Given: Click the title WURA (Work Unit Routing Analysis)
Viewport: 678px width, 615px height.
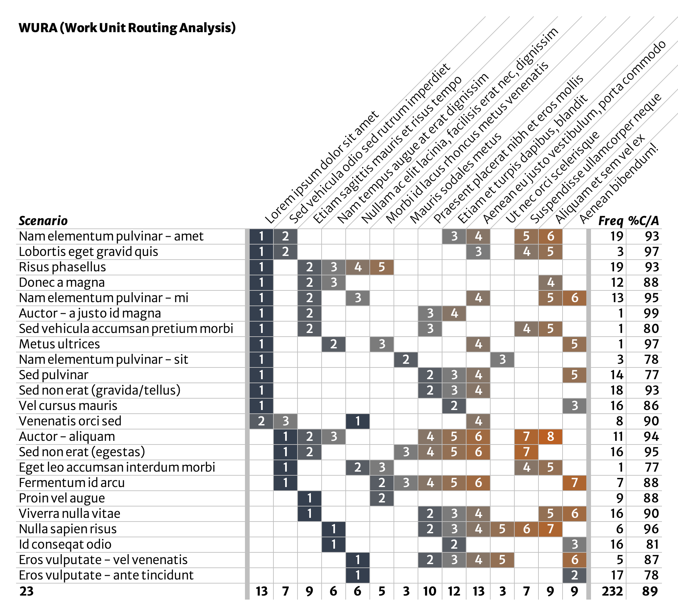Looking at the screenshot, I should click(127, 27).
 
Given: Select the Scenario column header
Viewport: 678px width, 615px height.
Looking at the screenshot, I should click(43, 221).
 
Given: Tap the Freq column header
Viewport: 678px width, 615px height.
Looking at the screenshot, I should click(611, 221).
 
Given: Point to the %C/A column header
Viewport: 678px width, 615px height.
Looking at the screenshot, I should click(643, 221).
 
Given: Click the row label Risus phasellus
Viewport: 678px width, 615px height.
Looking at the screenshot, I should click(62, 267).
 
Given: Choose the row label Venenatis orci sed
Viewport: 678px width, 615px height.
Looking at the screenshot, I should click(70, 421).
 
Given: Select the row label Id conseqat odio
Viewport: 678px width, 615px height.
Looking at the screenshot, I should click(65, 544).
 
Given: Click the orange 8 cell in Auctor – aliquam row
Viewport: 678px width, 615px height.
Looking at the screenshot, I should click(550, 436).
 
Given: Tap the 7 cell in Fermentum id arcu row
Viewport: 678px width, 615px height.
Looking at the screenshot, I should click(574, 483).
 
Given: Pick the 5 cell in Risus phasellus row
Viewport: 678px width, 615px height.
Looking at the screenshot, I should click(382, 267).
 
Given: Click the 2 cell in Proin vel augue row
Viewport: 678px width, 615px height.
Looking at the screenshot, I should click(382, 498).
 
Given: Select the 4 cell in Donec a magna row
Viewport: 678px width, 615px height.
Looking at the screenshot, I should click(550, 282).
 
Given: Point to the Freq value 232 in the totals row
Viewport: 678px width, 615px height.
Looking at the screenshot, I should click(612, 591).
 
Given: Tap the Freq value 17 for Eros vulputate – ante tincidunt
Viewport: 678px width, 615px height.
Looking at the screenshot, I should click(617, 575).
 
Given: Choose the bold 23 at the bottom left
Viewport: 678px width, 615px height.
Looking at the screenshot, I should click(26, 591).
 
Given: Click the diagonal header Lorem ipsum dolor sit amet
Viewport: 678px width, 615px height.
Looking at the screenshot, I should click(321, 168).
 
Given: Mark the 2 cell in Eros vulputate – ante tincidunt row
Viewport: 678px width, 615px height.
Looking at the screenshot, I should click(574, 575).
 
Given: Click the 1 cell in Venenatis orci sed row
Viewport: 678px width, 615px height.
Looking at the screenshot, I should click(357, 421).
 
